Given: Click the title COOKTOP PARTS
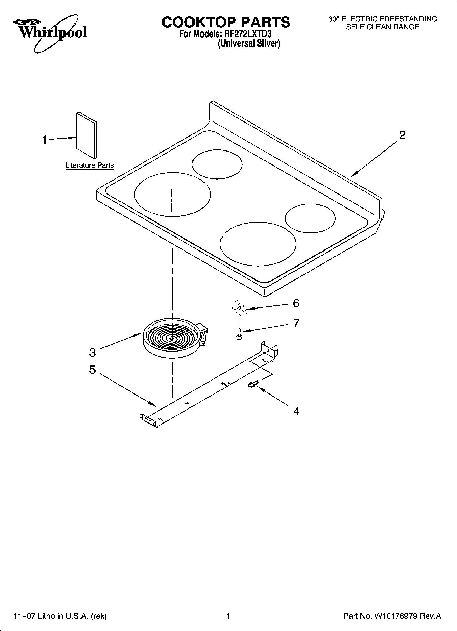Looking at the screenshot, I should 226,22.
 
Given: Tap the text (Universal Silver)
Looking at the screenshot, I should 249,43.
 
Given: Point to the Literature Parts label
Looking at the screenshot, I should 89,166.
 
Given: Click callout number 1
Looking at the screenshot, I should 45,140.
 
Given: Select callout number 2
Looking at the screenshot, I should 402,135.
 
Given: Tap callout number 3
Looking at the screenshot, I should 92,352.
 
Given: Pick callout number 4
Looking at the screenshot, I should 296,411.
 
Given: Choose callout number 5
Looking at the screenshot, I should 92,370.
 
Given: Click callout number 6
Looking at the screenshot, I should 296,303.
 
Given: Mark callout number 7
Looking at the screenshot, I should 296,323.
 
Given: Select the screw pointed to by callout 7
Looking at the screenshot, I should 239,333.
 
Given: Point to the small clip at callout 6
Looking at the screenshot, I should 239,307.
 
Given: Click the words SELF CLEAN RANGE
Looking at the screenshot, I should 382,27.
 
